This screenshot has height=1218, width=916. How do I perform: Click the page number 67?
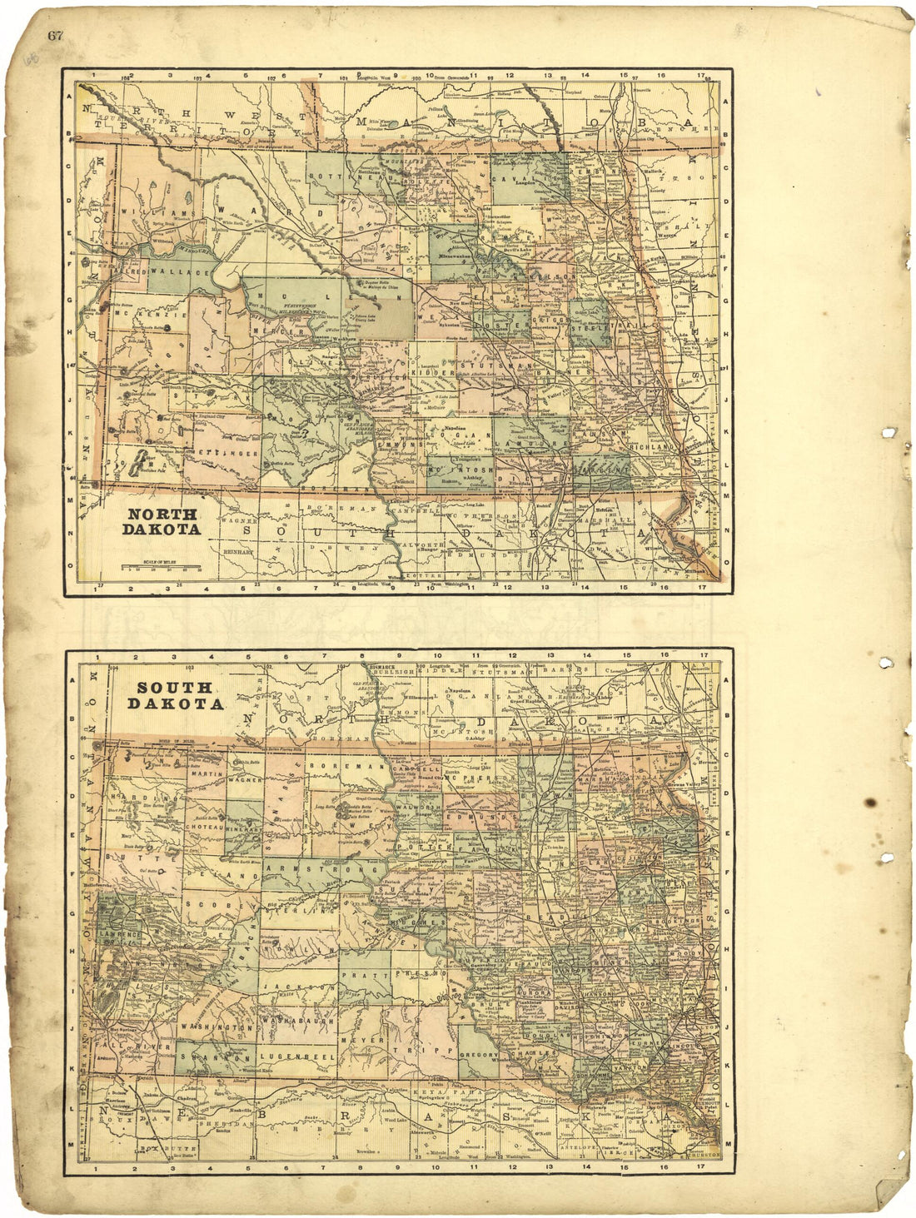tap(56, 35)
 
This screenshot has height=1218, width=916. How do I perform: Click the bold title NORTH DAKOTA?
tap(162, 522)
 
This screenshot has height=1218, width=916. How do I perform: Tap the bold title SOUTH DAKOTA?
tap(175, 696)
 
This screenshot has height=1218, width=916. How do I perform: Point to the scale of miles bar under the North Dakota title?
tap(162, 567)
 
